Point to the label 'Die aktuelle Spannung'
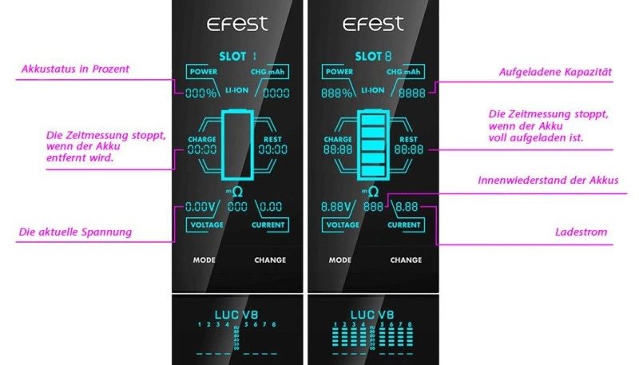(x=75, y=232)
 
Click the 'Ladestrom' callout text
(x=581, y=232)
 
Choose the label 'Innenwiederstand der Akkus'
(x=548, y=181)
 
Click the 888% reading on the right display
(x=338, y=93)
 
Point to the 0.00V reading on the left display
(x=201, y=207)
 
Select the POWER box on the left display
(x=203, y=72)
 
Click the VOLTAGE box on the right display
(x=340, y=225)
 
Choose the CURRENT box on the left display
(x=269, y=225)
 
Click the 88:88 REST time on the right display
(x=408, y=149)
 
